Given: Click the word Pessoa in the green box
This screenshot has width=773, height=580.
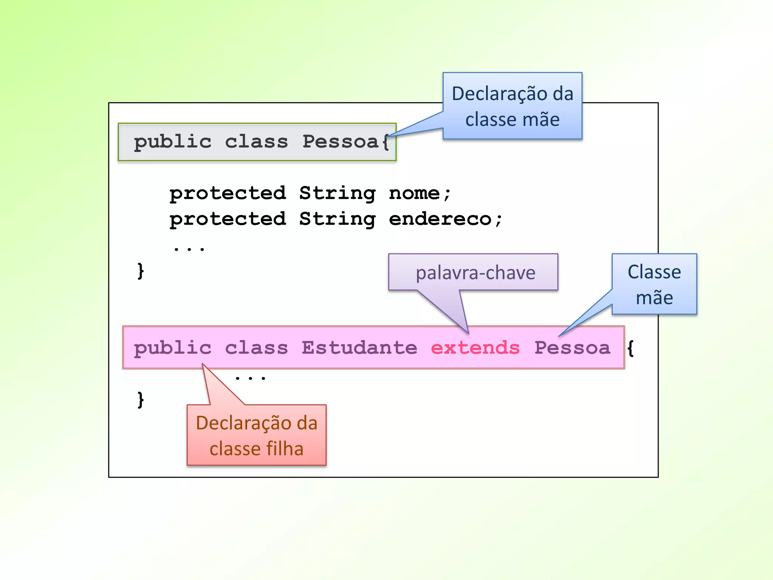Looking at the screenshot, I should click(340, 142).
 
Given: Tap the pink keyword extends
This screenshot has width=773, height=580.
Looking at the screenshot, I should click(475, 347).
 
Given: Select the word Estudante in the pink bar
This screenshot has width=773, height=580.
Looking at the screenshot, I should click(359, 347).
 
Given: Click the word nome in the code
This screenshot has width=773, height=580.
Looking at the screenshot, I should click(414, 193).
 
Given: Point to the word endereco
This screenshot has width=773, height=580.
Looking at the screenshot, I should click(440, 219).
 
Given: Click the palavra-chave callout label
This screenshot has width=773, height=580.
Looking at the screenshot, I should click(475, 273).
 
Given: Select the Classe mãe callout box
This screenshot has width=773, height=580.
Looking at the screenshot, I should click(654, 284).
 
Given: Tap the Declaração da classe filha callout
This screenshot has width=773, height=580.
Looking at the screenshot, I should click(257, 435).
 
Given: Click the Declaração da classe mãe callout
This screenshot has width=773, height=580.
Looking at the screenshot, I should click(512, 106).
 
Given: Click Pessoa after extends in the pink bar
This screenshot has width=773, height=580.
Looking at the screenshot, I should click(572, 347).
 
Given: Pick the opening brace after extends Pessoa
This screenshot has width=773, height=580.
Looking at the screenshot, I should click(630, 348).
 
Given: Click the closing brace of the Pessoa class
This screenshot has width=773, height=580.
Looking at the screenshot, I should click(140, 271).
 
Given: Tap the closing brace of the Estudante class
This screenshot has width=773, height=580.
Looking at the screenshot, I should click(140, 400).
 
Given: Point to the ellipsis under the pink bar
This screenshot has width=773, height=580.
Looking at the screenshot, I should click(250, 377).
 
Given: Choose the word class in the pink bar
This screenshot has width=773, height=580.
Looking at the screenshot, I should click(256, 347).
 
